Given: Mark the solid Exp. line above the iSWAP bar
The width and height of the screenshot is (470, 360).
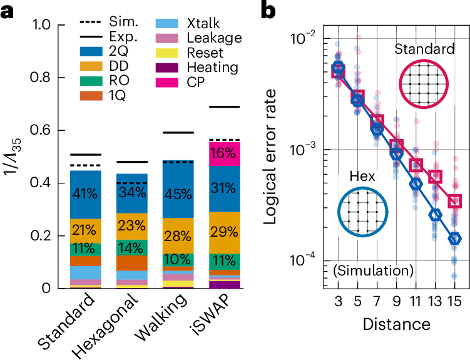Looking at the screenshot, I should point(225,107).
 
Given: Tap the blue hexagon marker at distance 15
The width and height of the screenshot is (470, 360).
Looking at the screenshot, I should point(455,239).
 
